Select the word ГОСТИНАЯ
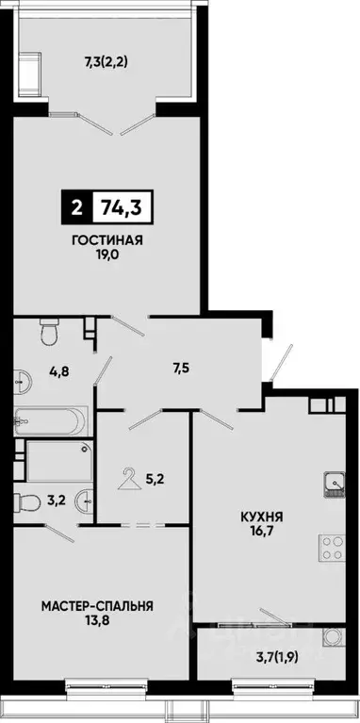tap(106, 239)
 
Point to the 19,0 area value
tap(106, 255)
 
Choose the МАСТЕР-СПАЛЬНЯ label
tap(97, 606)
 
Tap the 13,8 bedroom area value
tap(97, 622)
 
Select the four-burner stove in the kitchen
tap(332, 547)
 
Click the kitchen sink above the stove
tap(332, 485)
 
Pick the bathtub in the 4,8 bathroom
tap(51, 420)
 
